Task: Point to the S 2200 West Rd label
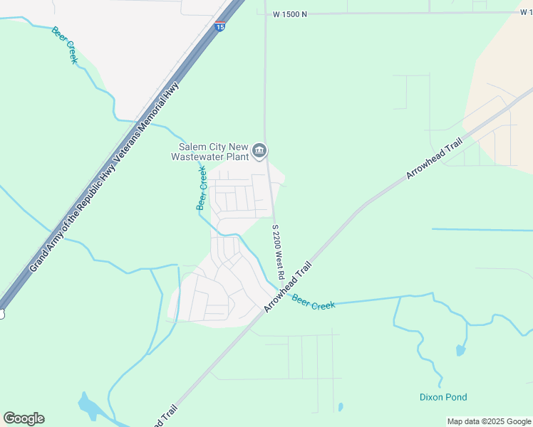(278, 253)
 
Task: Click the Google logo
(24, 418)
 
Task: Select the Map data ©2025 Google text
(489, 421)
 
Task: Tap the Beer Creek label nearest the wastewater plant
(202, 188)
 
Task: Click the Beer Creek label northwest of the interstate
(64, 45)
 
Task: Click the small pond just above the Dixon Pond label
(460, 350)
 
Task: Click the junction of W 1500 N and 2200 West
(265, 14)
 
